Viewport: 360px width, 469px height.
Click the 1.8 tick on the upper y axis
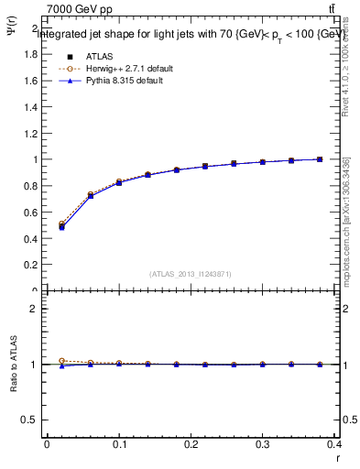pos(32,54)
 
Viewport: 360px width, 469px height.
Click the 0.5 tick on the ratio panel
pos(32,420)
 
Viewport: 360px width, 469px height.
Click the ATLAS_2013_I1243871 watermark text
pos(191,274)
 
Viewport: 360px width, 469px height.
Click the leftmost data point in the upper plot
pos(61,225)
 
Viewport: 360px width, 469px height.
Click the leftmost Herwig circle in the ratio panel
pos(61,361)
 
